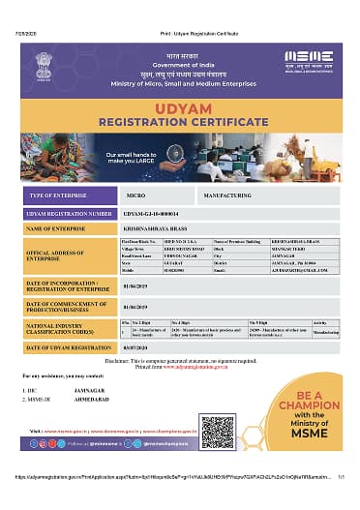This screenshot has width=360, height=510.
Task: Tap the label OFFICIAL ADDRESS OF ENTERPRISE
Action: click(54, 256)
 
